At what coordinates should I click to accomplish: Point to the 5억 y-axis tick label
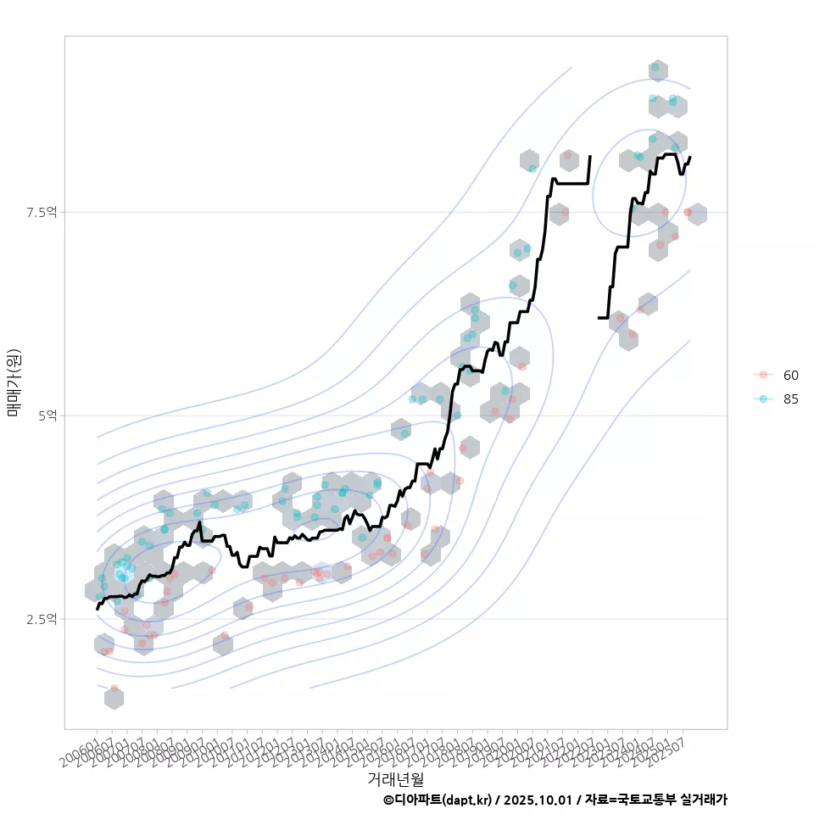(47, 415)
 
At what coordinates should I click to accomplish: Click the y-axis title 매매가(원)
(14, 382)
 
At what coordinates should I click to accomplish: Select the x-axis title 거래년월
(395, 778)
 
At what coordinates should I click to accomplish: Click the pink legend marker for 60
(763, 375)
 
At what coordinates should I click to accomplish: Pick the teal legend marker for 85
(763, 399)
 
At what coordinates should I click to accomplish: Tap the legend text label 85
(790, 399)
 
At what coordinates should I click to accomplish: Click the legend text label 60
(790, 375)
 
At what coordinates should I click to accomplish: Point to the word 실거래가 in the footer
(704, 800)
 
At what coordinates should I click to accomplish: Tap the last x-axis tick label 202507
(670, 750)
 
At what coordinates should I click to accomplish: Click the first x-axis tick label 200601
(83, 750)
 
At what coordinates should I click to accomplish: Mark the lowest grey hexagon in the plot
(114, 698)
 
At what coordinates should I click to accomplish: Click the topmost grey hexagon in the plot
(657, 71)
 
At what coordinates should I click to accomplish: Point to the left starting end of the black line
(98, 609)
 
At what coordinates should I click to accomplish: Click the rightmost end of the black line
(690, 157)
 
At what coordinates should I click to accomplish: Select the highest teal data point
(655, 67)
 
